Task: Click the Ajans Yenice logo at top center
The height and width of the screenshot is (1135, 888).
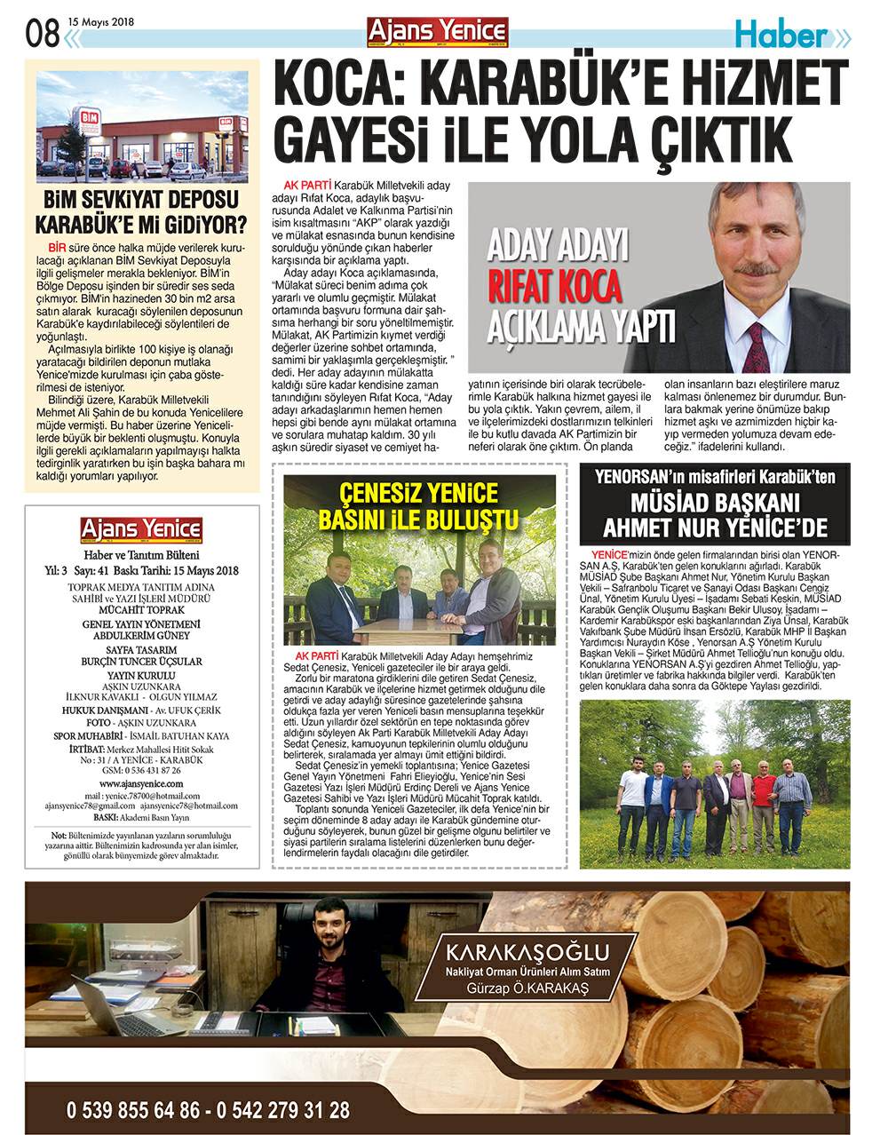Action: tap(438, 30)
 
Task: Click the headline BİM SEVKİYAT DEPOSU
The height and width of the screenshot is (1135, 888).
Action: tap(142, 199)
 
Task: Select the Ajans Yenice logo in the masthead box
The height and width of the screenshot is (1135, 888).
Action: tap(142, 530)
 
